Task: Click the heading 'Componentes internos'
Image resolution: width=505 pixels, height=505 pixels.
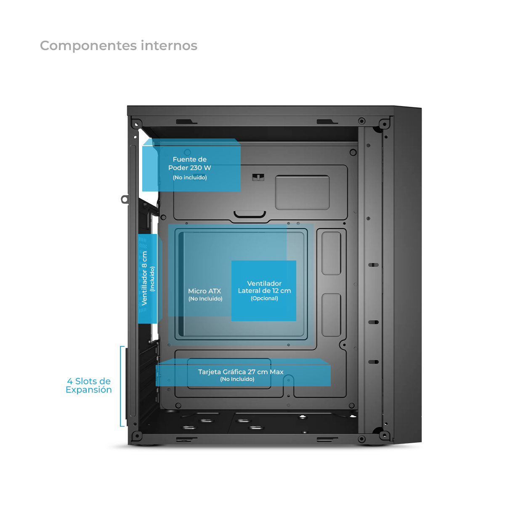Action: [118, 45]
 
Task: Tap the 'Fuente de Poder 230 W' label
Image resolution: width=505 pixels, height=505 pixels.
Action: [189, 164]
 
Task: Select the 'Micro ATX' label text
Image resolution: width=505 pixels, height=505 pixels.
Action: [205, 291]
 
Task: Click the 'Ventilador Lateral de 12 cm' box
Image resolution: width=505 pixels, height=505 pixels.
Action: [264, 290]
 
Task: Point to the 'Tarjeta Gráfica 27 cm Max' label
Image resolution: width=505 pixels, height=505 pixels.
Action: [241, 372]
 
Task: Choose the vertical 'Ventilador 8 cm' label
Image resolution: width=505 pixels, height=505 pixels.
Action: [145, 278]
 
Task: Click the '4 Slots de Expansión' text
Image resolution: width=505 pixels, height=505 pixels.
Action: [89, 385]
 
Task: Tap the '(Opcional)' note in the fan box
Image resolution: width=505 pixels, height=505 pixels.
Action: [264, 298]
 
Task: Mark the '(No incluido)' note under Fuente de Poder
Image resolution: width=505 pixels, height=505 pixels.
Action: [190, 178]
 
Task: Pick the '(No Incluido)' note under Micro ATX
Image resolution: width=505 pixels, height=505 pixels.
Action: [205, 299]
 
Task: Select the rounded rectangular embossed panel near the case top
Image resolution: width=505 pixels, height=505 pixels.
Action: [302, 192]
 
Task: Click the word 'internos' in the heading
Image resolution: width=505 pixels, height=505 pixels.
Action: [169, 45]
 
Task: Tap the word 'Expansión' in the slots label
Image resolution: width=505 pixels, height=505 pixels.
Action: [89, 390]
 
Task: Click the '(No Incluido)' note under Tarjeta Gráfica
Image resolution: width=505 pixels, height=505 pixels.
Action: [237, 379]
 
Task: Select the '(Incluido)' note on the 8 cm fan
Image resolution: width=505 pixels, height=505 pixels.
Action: [152, 279]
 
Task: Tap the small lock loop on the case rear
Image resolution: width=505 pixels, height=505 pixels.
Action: [125, 199]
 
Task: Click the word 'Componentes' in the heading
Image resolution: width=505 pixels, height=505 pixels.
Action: [88, 46]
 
